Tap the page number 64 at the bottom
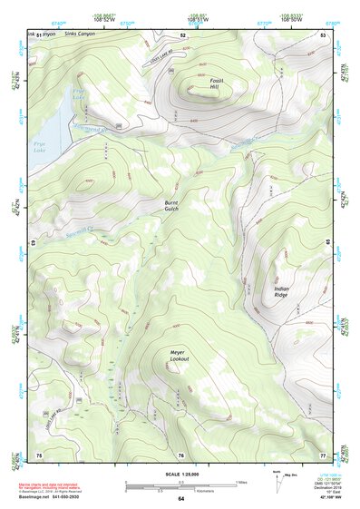(180, 499)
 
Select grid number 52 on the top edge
(182, 34)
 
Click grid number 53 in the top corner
(323, 34)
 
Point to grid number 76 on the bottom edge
(180, 455)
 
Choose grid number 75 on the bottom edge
(38, 455)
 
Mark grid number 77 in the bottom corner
(323, 455)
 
